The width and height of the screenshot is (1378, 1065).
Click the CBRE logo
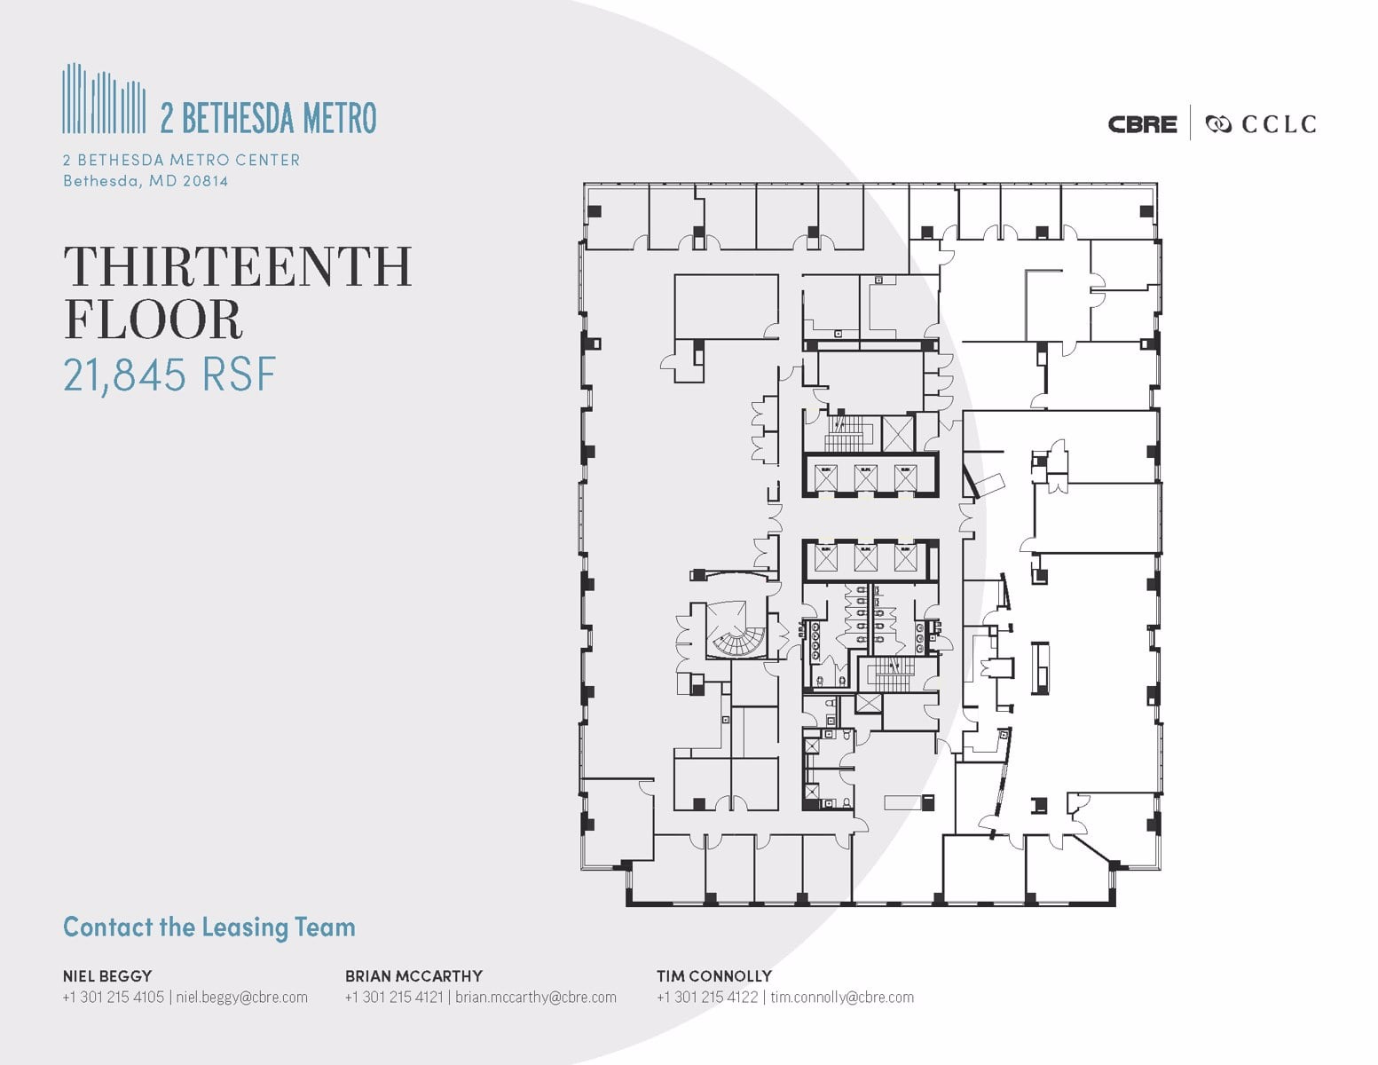(1142, 124)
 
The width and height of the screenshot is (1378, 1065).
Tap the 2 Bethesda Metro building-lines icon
(104, 99)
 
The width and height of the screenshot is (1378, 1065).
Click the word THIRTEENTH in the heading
(238, 266)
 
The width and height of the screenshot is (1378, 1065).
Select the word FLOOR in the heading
(153, 319)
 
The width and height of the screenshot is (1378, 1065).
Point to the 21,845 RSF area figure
(169, 375)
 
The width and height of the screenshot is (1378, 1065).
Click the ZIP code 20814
(203, 181)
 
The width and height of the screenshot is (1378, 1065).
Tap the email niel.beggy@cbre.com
(242, 997)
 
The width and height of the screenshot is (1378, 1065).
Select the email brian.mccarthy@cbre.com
(536, 997)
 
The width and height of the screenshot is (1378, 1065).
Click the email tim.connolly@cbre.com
(842, 997)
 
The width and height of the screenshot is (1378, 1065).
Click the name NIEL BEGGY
(107, 975)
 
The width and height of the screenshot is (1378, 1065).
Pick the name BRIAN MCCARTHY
(413, 975)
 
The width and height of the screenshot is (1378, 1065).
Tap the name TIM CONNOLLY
(714, 975)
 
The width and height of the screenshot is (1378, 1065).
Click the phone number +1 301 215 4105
(114, 997)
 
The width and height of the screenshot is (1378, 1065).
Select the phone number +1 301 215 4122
(707, 997)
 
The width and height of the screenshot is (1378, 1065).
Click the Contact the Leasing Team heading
(209, 927)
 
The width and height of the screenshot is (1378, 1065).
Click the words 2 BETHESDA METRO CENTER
(181, 160)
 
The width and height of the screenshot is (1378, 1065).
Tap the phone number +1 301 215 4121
(396, 997)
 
